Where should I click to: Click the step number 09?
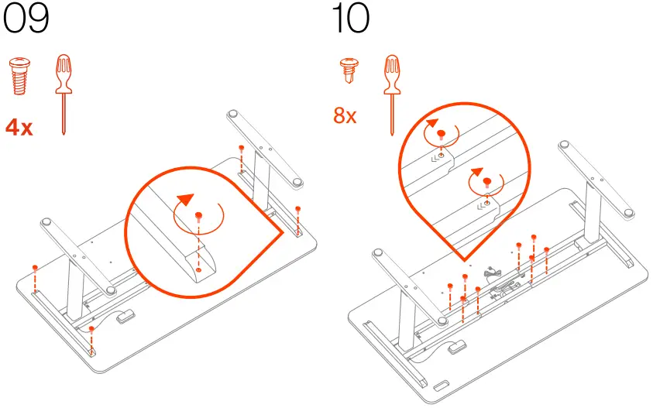pos(26,19)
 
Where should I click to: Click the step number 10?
pos(350,19)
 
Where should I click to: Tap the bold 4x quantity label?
pos(19,127)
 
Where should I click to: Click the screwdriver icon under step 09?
pos(64,93)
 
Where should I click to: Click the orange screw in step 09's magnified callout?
pos(198,216)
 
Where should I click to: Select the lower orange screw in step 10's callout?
pos(486,183)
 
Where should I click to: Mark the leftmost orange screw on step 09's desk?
pos(35,267)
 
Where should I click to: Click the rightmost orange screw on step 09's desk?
pos(298,209)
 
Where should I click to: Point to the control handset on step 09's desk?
pos(124,315)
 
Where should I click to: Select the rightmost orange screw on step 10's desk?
pos(547,249)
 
